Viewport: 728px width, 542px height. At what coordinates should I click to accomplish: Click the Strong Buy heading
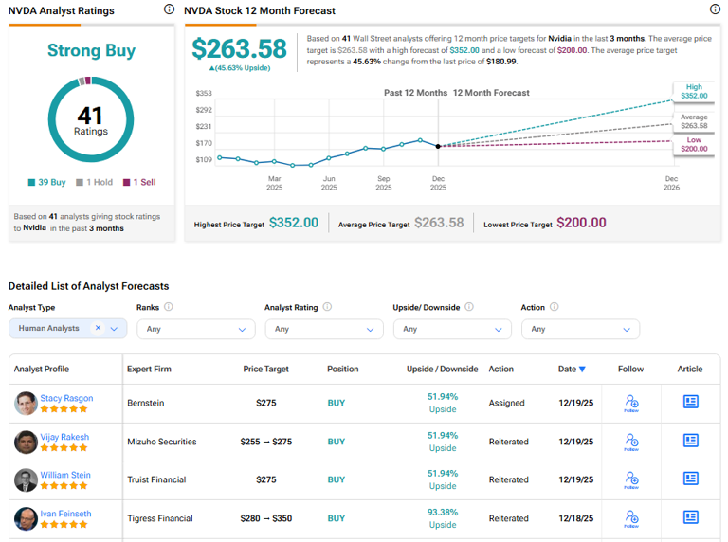pyautogui.click(x=91, y=51)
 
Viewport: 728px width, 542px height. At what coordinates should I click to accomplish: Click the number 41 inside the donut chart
pyautogui.click(x=91, y=116)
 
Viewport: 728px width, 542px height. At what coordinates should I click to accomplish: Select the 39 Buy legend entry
pyautogui.click(x=47, y=182)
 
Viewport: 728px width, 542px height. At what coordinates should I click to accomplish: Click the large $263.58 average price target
pyautogui.click(x=238, y=49)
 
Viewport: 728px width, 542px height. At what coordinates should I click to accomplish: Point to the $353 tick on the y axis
pyautogui.click(x=204, y=94)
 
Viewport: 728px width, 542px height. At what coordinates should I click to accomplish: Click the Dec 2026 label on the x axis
pyautogui.click(x=670, y=183)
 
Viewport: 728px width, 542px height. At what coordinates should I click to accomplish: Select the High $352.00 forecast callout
pyautogui.click(x=693, y=91)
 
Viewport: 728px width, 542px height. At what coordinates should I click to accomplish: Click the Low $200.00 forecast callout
pyautogui.click(x=693, y=145)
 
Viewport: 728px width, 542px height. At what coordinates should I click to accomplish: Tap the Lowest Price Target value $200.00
pyautogui.click(x=581, y=223)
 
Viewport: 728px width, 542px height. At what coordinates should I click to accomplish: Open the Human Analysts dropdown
pyautogui.click(x=67, y=329)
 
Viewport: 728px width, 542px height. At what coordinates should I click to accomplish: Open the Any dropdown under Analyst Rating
pyautogui.click(x=323, y=329)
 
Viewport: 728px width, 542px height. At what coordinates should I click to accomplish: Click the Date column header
pyautogui.click(x=572, y=369)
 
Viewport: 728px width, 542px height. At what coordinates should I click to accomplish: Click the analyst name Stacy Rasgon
pyautogui.click(x=66, y=398)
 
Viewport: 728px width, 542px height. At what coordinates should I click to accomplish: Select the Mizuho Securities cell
pyautogui.click(x=162, y=441)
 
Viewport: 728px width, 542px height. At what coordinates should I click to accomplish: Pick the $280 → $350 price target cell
pyautogui.click(x=266, y=518)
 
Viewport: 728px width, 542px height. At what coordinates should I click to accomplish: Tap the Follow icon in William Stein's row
pyautogui.click(x=630, y=479)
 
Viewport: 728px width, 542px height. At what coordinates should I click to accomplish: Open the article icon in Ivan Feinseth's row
pyautogui.click(x=690, y=517)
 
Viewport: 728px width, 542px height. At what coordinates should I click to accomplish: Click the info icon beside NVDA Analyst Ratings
pyautogui.click(x=169, y=9)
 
